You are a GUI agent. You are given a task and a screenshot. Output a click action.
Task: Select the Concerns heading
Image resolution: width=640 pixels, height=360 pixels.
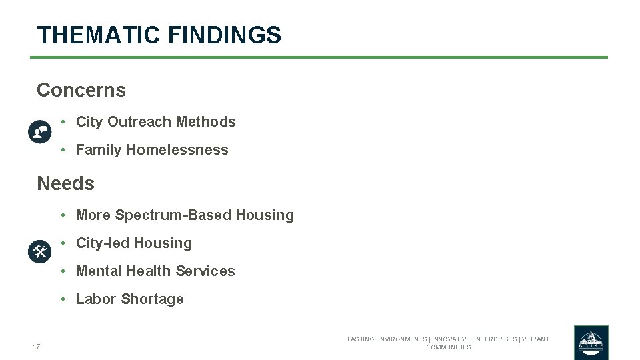click(x=81, y=90)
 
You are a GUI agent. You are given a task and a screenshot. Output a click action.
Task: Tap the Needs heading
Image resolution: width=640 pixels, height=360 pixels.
click(x=65, y=183)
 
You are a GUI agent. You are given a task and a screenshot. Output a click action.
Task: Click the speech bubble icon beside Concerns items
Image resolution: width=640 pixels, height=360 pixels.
click(x=40, y=132)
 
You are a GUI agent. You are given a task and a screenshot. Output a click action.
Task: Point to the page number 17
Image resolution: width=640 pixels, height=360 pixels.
click(x=37, y=346)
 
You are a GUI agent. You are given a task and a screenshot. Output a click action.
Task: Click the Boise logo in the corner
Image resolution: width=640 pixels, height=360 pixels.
click(x=591, y=342)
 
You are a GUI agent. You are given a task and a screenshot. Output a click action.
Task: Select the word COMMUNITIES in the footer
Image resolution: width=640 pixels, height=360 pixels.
click(x=448, y=347)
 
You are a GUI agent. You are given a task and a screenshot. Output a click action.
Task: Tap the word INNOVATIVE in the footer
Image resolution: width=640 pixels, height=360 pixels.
click(x=461, y=339)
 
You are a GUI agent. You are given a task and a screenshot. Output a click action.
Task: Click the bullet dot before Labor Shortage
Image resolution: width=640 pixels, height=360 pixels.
click(x=61, y=299)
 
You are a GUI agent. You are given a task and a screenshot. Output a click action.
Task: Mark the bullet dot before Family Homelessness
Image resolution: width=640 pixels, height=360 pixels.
click(x=61, y=150)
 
